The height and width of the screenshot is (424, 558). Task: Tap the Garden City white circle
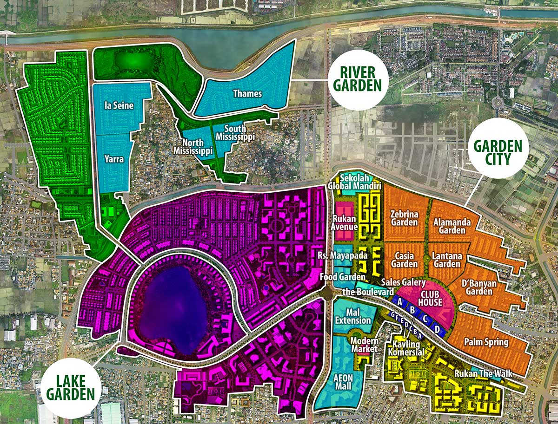coord(498,148)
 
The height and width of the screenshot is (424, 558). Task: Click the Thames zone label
coord(247,94)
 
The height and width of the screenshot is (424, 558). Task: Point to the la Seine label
coord(119,106)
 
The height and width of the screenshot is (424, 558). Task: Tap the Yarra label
coord(114,159)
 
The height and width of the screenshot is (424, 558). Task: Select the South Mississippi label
coord(238,133)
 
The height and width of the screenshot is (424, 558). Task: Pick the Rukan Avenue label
coord(345,222)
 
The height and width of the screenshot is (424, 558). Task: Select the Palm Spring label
coord(486,342)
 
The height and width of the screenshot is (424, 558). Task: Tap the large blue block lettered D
coord(437,329)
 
